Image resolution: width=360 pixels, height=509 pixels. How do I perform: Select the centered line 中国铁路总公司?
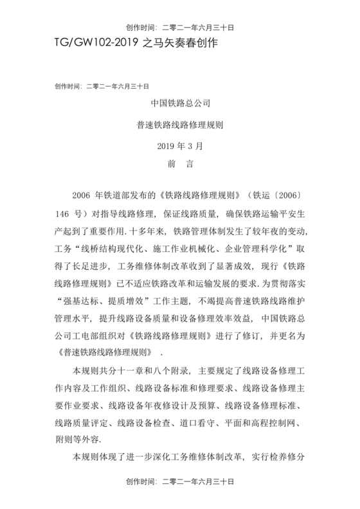180,102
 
